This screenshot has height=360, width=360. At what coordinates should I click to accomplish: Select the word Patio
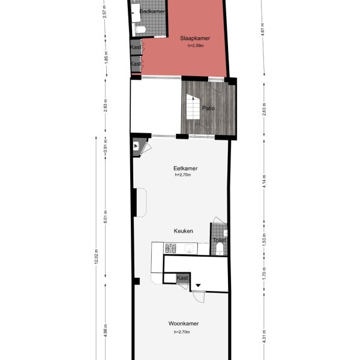coord(208,109)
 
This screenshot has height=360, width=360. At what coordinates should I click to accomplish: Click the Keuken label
coord(182,230)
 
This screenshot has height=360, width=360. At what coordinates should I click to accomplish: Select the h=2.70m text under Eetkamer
coord(182,175)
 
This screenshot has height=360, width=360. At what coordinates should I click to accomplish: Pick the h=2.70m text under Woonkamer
coord(182,332)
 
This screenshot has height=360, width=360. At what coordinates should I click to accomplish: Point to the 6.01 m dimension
coord(106,216)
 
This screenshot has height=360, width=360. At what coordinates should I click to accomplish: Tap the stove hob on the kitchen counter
coord(171,247)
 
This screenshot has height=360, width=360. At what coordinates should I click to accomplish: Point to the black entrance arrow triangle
coord(197,285)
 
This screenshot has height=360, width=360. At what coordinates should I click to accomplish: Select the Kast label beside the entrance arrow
coord(182,278)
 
